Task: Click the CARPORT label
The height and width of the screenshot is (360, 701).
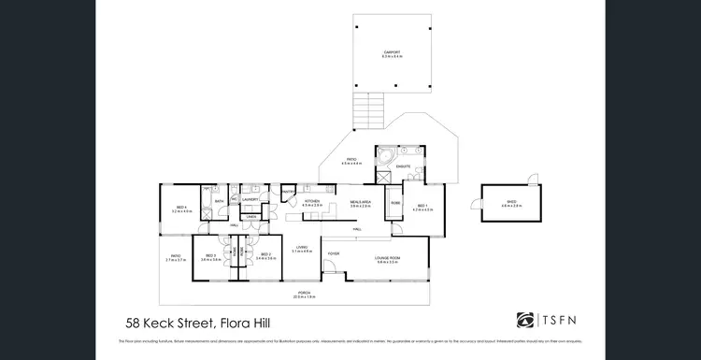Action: (390, 52)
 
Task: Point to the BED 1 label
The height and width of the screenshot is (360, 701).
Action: (422, 206)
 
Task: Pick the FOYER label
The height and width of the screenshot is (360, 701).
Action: (332, 253)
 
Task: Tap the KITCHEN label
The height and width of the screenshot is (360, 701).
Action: (312, 201)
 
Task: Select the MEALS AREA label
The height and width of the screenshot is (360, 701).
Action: (361, 202)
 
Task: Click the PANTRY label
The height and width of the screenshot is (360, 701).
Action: (289, 193)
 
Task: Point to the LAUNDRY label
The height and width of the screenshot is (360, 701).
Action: (250, 199)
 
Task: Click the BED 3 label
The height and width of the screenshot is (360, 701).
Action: (210, 255)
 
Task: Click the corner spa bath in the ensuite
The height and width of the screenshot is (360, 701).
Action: (386, 154)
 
